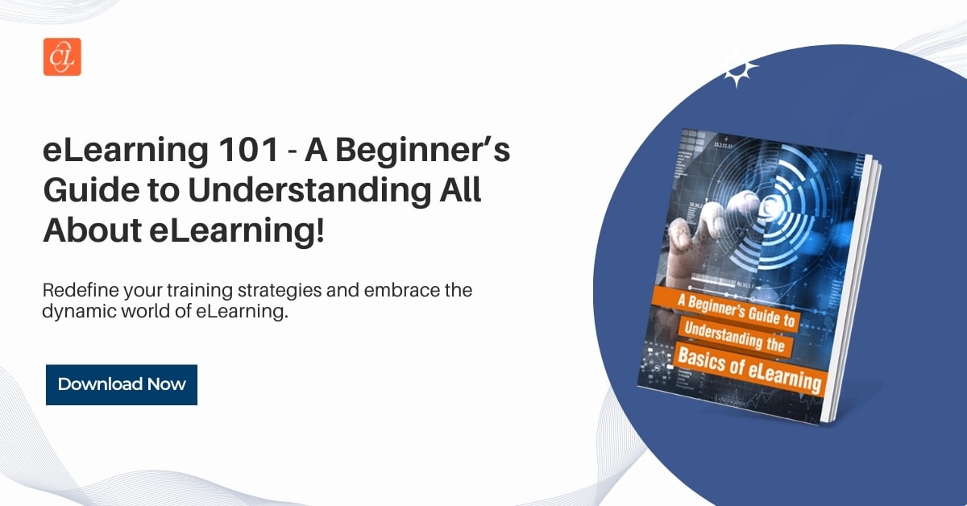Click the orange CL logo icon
pos(62,56)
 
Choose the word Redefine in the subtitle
pos(74,290)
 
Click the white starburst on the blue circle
pos(740,73)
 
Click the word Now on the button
pos(166,384)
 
